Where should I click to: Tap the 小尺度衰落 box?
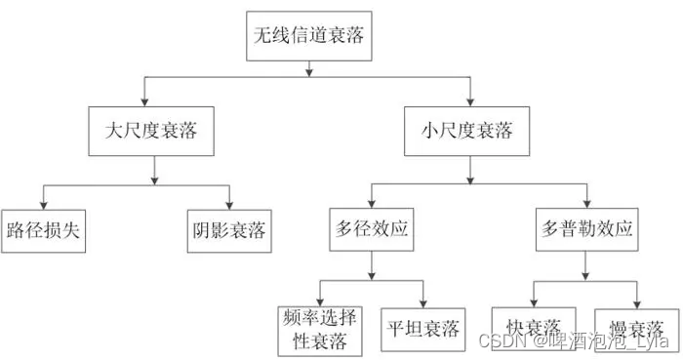click(x=471, y=131)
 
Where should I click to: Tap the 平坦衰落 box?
click(x=423, y=327)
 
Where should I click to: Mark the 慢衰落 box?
click(x=637, y=327)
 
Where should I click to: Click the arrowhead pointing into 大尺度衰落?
click(x=144, y=100)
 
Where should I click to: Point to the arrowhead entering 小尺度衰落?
click(x=471, y=100)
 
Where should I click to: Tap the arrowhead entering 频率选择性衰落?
click(x=320, y=298)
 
